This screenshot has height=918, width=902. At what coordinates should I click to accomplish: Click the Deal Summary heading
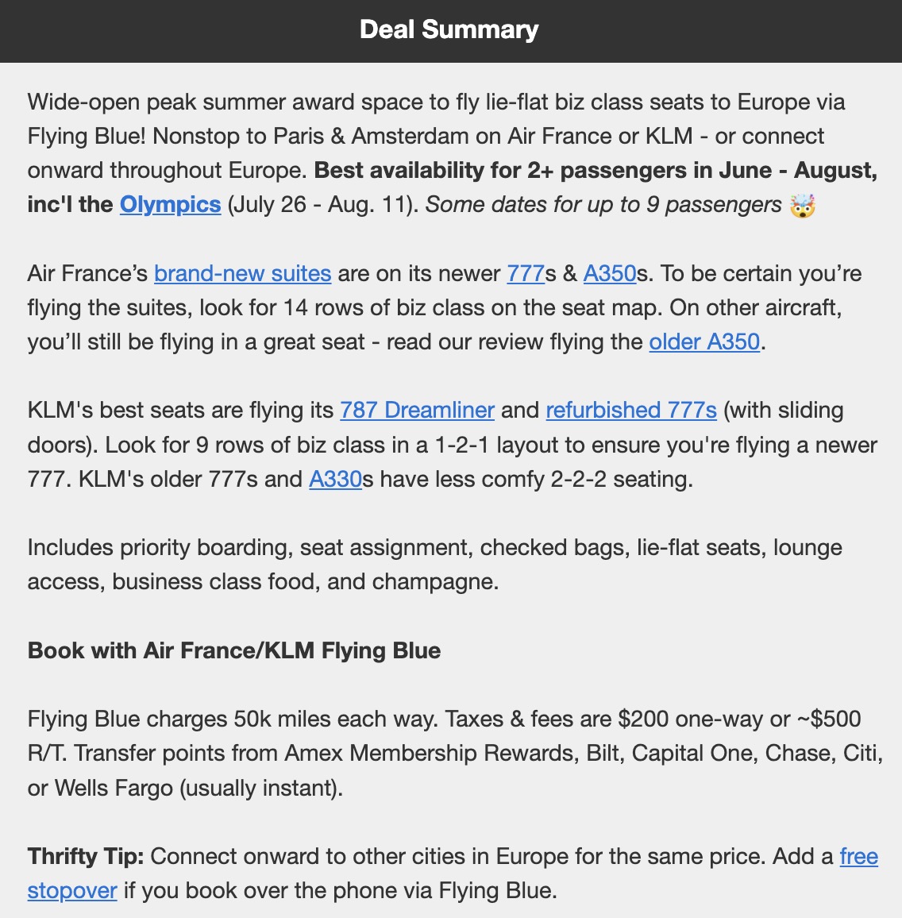(x=449, y=30)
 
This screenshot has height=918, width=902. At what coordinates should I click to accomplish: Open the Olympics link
(x=170, y=205)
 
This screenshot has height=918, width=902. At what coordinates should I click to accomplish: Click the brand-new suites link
(x=242, y=274)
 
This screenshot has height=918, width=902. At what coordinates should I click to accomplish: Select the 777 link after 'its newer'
(x=526, y=274)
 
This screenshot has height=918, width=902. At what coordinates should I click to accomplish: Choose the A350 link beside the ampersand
(x=610, y=274)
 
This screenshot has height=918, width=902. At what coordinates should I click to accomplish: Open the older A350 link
(x=704, y=342)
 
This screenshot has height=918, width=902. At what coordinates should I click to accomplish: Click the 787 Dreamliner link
(x=417, y=411)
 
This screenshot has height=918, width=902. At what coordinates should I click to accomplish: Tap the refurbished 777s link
(x=631, y=411)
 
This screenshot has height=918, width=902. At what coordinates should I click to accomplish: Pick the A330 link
(x=335, y=480)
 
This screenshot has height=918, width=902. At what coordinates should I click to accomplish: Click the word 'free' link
(x=858, y=857)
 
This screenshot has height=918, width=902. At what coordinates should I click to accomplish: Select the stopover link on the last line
(x=72, y=891)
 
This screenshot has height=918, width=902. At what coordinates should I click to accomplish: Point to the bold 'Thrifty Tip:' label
(x=86, y=857)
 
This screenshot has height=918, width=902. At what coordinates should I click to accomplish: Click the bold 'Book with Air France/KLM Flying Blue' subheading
(x=234, y=651)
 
